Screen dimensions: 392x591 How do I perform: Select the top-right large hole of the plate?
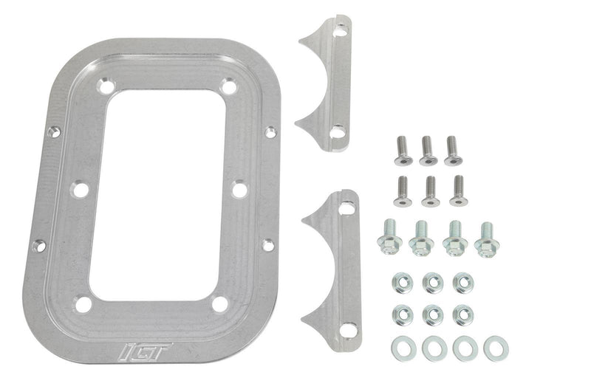click(230, 87)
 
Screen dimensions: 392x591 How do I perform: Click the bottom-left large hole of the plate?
click(83, 303)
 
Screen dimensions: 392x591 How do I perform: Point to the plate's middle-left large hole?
click(79, 190)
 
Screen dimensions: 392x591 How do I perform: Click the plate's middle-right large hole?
click(239, 190)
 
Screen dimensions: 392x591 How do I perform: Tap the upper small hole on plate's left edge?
click(53, 133)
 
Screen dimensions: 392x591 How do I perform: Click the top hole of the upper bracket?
click(340, 31)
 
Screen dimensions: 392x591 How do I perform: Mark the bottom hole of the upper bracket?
click(337, 132)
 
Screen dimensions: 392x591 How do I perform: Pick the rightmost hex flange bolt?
click(485, 240)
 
